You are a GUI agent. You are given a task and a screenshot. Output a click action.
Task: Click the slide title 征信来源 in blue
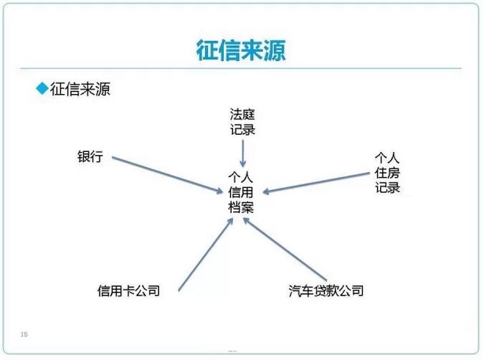pyautogui.click(x=242, y=50)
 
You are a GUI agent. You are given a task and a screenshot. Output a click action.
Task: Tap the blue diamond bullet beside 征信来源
pyautogui.click(x=41, y=88)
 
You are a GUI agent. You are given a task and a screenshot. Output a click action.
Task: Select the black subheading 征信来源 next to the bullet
pyautogui.click(x=80, y=89)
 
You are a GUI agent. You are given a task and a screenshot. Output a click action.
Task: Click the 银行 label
pyautogui.click(x=90, y=156)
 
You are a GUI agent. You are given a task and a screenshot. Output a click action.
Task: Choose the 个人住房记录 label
pyautogui.click(x=386, y=172)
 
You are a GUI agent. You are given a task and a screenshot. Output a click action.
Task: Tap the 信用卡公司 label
pyautogui.click(x=128, y=290)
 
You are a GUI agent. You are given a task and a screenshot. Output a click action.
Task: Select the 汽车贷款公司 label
pyautogui.click(x=326, y=290)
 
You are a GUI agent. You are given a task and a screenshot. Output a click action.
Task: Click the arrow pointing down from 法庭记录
pyautogui.click(x=243, y=153)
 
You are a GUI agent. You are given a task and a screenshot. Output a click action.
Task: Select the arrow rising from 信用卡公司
pyautogui.click(x=205, y=254)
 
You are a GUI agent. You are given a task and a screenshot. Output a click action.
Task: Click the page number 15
pyautogui.click(x=24, y=334)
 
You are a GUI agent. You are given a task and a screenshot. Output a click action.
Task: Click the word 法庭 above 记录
pyautogui.click(x=242, y=114)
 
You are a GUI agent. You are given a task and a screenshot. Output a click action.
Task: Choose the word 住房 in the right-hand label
pyautogui.click(x=386, y=172)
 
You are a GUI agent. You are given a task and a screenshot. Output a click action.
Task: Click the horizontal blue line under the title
pyautogui.click(x=242, y=69)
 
